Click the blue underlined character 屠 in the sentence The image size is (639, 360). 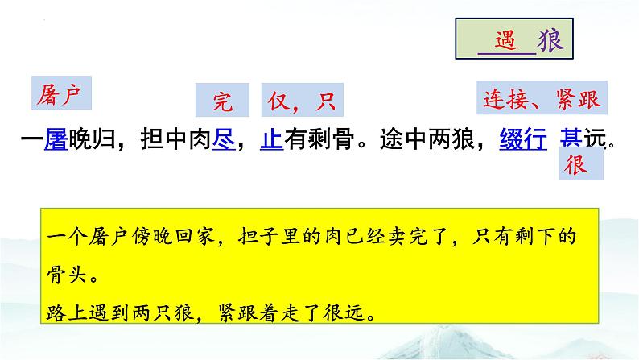[55, 139]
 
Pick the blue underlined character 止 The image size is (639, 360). [271, 139]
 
